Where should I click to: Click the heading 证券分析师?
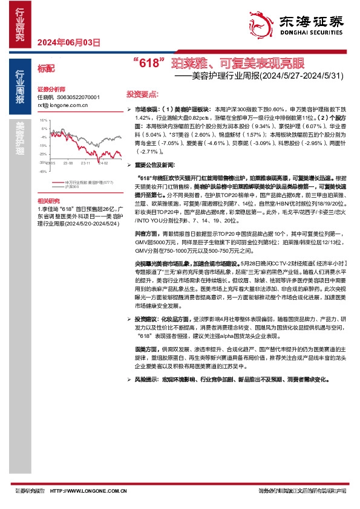click(50, 88)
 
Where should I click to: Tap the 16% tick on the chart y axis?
click(43, 120)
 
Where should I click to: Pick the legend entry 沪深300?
click(73, 187)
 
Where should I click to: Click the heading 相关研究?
click(48, 199)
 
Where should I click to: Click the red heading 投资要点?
click(142, 95)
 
